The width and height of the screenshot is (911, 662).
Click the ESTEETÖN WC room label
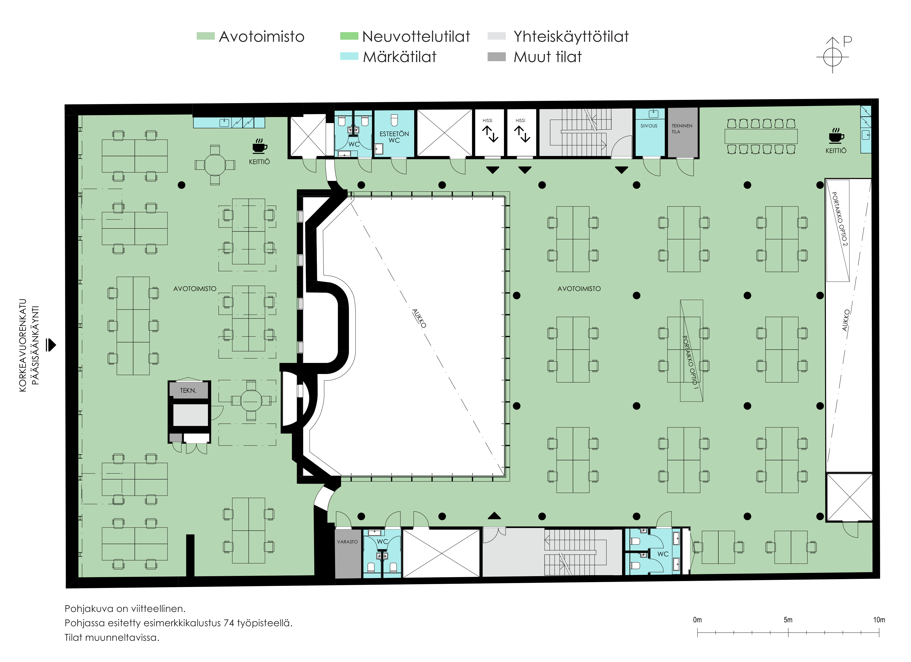tap(394, 137)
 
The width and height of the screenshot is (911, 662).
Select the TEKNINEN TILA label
tap(682, 129)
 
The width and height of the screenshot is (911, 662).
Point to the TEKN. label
tap(188, 390)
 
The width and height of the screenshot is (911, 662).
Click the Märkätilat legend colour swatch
tap(349, 56)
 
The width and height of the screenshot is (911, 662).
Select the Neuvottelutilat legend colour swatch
tap(349, 36)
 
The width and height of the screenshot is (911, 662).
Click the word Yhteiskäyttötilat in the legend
tap(571, 36)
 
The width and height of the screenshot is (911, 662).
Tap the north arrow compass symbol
tap(833, 56)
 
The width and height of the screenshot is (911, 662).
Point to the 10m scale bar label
tap(879, 620)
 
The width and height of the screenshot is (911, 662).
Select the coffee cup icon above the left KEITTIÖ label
tap(260, 147)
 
